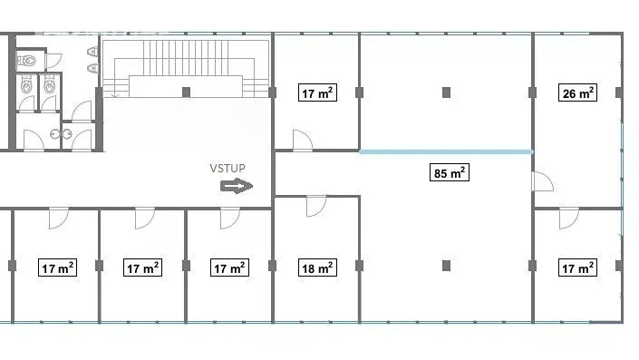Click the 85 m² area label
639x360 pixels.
449,173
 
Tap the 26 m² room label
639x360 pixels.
577,93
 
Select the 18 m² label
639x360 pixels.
317,268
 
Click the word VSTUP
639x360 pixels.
228,169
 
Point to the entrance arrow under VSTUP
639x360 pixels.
237,186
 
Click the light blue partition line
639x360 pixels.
446,151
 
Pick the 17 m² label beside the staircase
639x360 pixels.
317,93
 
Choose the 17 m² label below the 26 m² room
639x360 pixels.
577,268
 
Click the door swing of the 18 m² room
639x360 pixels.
316,206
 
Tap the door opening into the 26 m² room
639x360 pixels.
542,181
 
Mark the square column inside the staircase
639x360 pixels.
186,92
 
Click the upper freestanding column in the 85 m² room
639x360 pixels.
446,92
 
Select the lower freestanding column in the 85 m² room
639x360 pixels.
446,266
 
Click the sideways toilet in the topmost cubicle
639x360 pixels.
27,61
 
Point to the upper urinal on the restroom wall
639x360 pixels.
92,52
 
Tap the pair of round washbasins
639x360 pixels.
61,133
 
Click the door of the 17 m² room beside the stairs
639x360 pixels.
303,141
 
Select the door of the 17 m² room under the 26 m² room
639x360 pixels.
569,219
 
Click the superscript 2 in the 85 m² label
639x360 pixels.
462,169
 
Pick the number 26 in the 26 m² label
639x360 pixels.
569,93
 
